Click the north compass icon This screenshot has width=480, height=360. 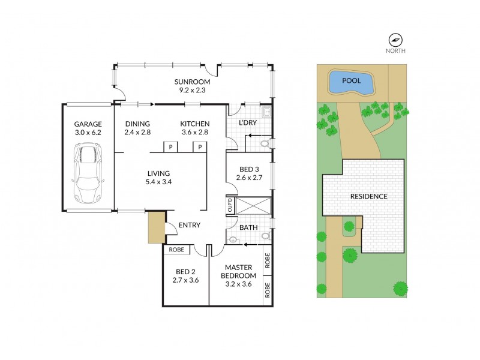(x=395, y=40)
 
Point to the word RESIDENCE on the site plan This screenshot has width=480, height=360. (x=368, y=196)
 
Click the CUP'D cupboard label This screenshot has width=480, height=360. (x=230, y=206)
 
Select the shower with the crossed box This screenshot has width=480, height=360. (x=252, y=206)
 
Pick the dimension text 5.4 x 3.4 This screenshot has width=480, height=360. (x=160, y=182)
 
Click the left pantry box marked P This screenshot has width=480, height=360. (x=170, y=146)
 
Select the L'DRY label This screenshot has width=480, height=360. (x=247, y=123)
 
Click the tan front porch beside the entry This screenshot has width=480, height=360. (x=155, y=227)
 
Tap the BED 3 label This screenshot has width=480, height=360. (x=247, y=169)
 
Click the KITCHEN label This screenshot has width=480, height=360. (x=195, y=124)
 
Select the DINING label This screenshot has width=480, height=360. (x=137, y=124)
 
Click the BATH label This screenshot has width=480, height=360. (x=248, y=227)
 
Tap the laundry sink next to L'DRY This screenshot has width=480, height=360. (x=266, y=112)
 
